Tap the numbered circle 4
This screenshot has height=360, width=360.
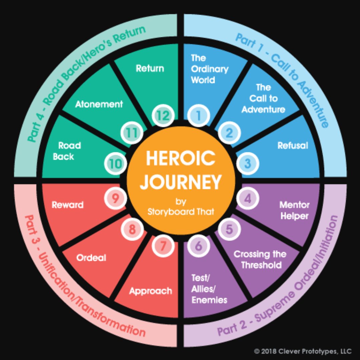tap(248, 199)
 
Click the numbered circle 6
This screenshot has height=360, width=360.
tap(198, 246)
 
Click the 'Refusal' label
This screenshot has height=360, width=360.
tap(293, 146)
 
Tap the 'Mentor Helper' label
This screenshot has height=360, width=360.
tap(294, 210)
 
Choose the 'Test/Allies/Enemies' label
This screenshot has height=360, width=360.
tap(209, 289)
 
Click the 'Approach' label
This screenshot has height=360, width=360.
tap(151, 291)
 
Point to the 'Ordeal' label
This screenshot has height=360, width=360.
tap(91, 258)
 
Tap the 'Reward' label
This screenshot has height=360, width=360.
tap(67, 205)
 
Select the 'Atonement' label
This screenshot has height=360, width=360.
tap(99, 104)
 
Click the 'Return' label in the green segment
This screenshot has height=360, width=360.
tap(150, 68)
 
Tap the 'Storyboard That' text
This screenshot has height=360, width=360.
tap(180, 211)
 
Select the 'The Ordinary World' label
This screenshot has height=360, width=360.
tap(210, 69)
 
